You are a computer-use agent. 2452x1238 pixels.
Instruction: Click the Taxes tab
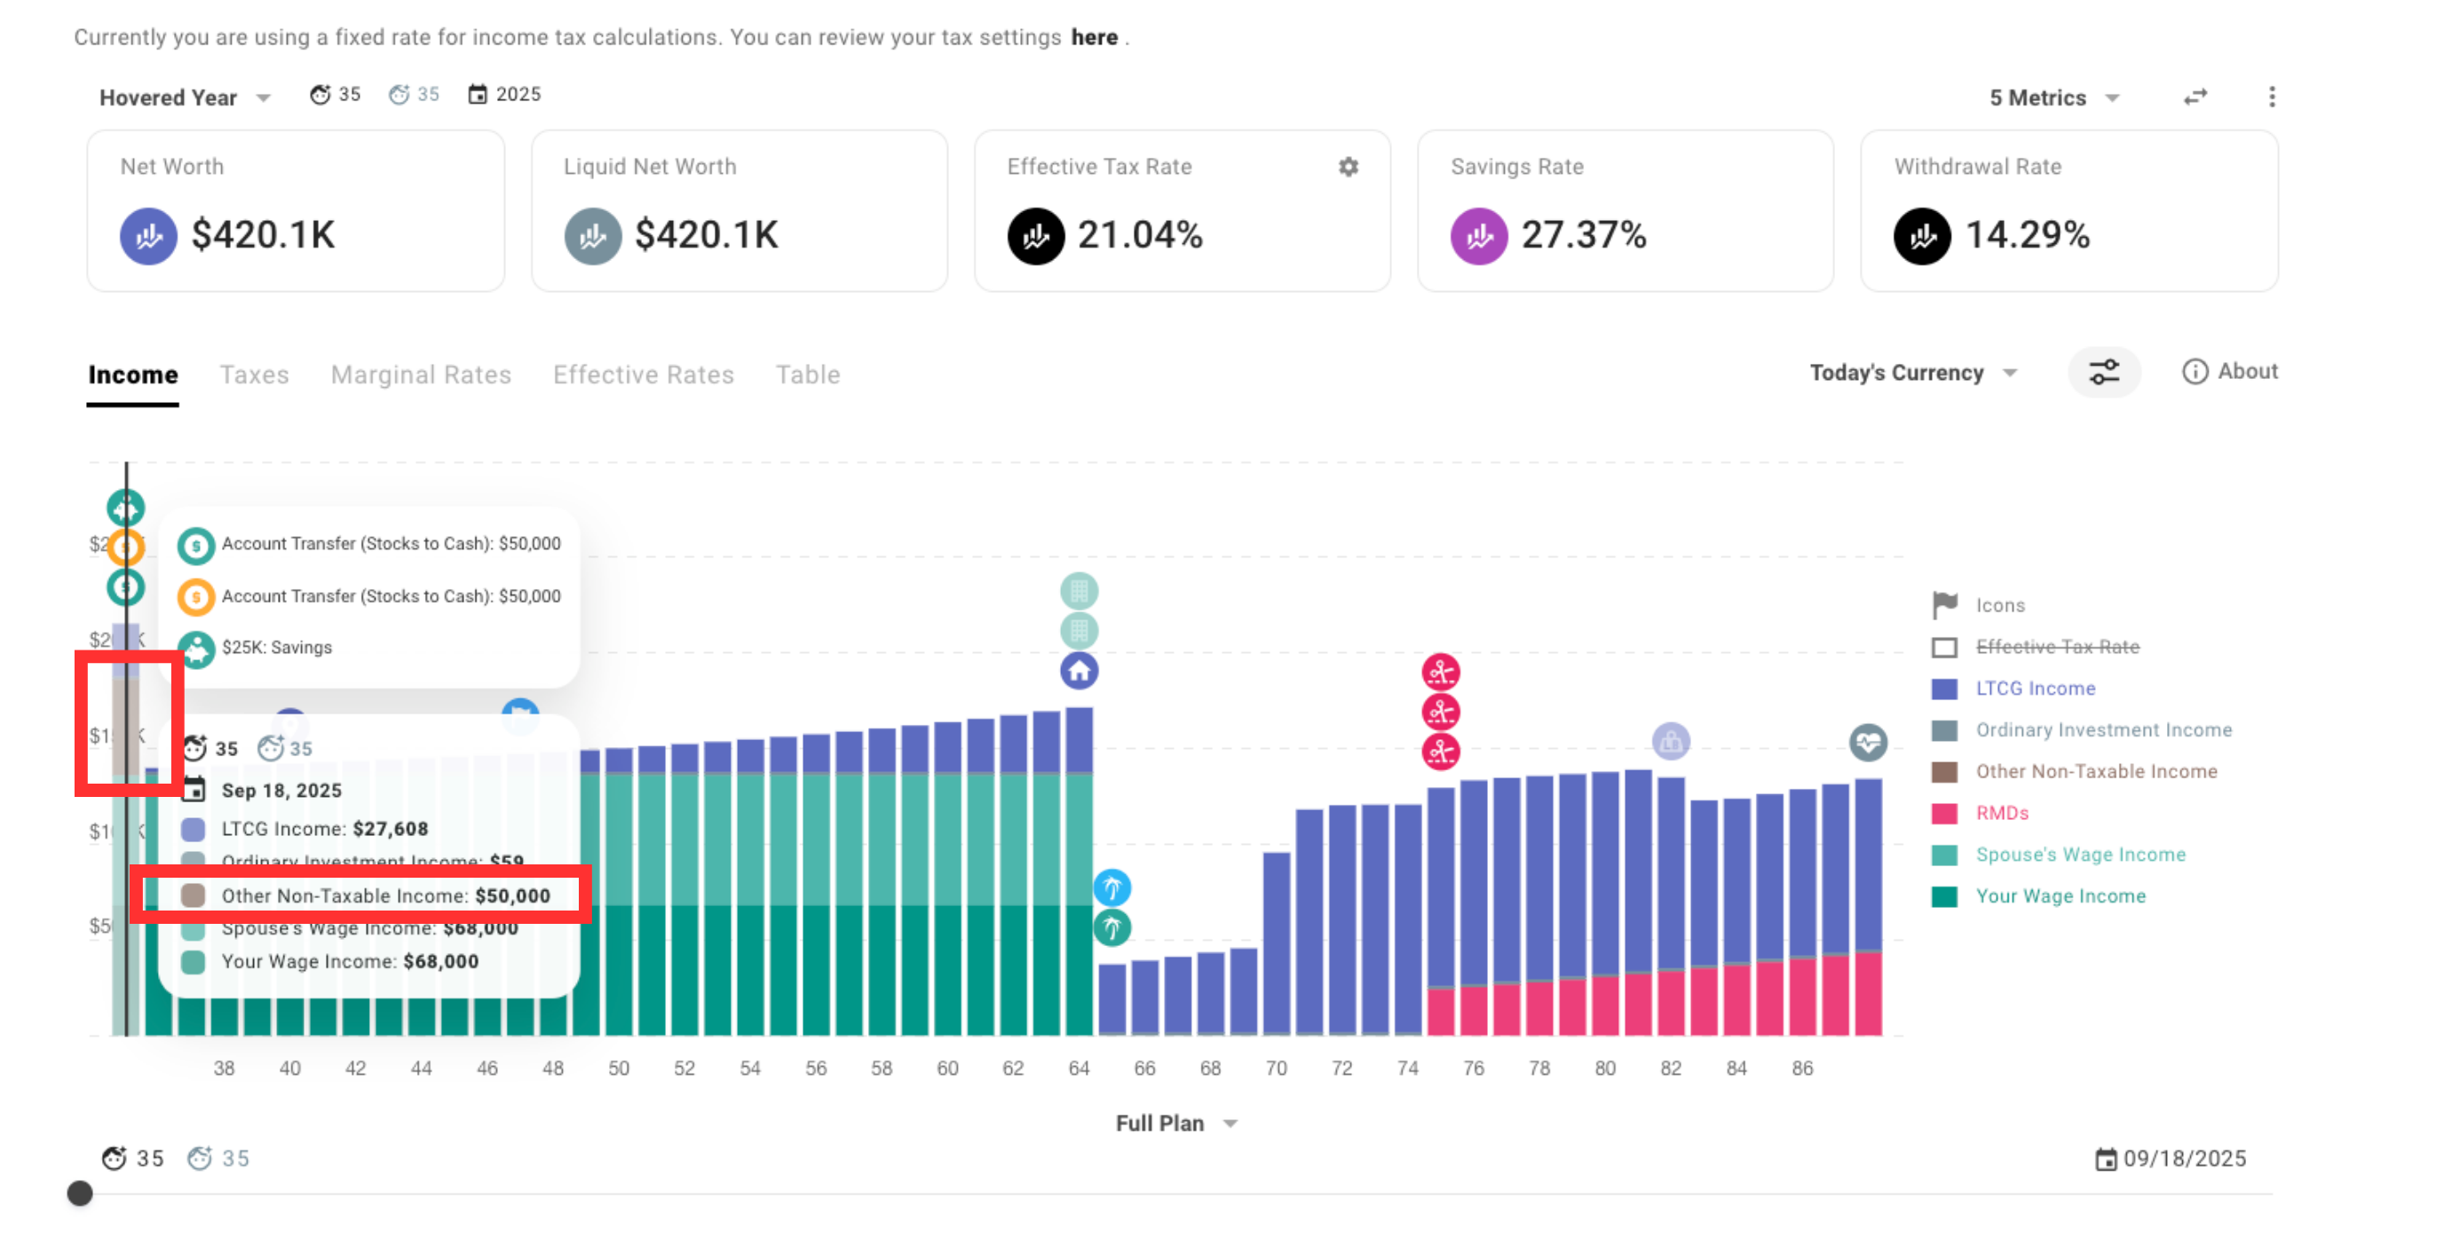[x=253, y=375]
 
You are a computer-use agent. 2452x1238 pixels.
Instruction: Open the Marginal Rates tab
[x=421, y=375]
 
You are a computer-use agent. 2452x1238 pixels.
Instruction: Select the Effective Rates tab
[x=644, y=375]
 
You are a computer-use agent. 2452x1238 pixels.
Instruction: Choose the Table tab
[x=807, y=375]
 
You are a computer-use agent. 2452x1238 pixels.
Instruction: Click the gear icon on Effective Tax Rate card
[x=1348, y=168]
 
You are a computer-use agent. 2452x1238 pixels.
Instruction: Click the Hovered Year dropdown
[x=185, y=98]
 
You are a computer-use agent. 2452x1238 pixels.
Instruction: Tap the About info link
[x=2230, y=372]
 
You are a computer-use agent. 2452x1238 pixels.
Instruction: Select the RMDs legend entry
[x=2002, y=814]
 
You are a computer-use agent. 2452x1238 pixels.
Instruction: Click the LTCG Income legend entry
[x=2035, y=689]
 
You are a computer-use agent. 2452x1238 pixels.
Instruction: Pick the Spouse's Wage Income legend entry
[x=2080, y=856]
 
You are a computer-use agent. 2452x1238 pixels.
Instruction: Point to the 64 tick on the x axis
[x=1079, y=1068]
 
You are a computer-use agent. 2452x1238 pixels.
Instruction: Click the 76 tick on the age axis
[x=1474, y=1068]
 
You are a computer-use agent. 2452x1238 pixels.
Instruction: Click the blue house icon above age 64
[x=1079, y=672]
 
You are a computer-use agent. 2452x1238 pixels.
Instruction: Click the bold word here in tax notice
[x=1094, y=37]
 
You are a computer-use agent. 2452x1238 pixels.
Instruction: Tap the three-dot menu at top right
[x=2271, y=97]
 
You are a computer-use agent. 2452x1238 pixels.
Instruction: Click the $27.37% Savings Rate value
[x=1583, y=235]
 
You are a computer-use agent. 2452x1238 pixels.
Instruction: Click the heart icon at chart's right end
[x=1868, y=743]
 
